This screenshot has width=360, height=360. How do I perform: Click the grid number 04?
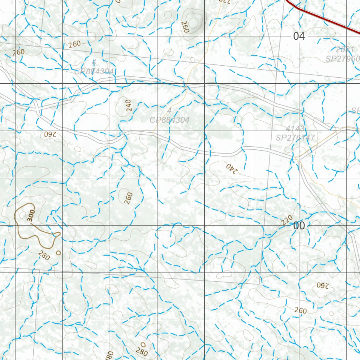(299, 36)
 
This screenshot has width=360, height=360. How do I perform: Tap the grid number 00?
(299, 226)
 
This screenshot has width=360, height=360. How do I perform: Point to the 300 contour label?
(31, 215)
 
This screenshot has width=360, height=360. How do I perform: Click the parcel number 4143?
(295, 128)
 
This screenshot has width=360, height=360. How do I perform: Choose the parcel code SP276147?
(295, 137)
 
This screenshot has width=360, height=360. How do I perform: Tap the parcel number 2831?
(345, 50)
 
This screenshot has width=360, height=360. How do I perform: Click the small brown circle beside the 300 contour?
(58, 252)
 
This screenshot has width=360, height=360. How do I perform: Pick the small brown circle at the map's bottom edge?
(143, 344)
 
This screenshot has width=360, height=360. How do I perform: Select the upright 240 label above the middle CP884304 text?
(128, 105)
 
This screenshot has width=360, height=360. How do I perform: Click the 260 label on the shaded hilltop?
(185, 27)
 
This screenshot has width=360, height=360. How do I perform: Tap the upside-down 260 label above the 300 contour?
(50, 134)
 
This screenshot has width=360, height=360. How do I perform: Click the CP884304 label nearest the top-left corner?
(94, 71)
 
